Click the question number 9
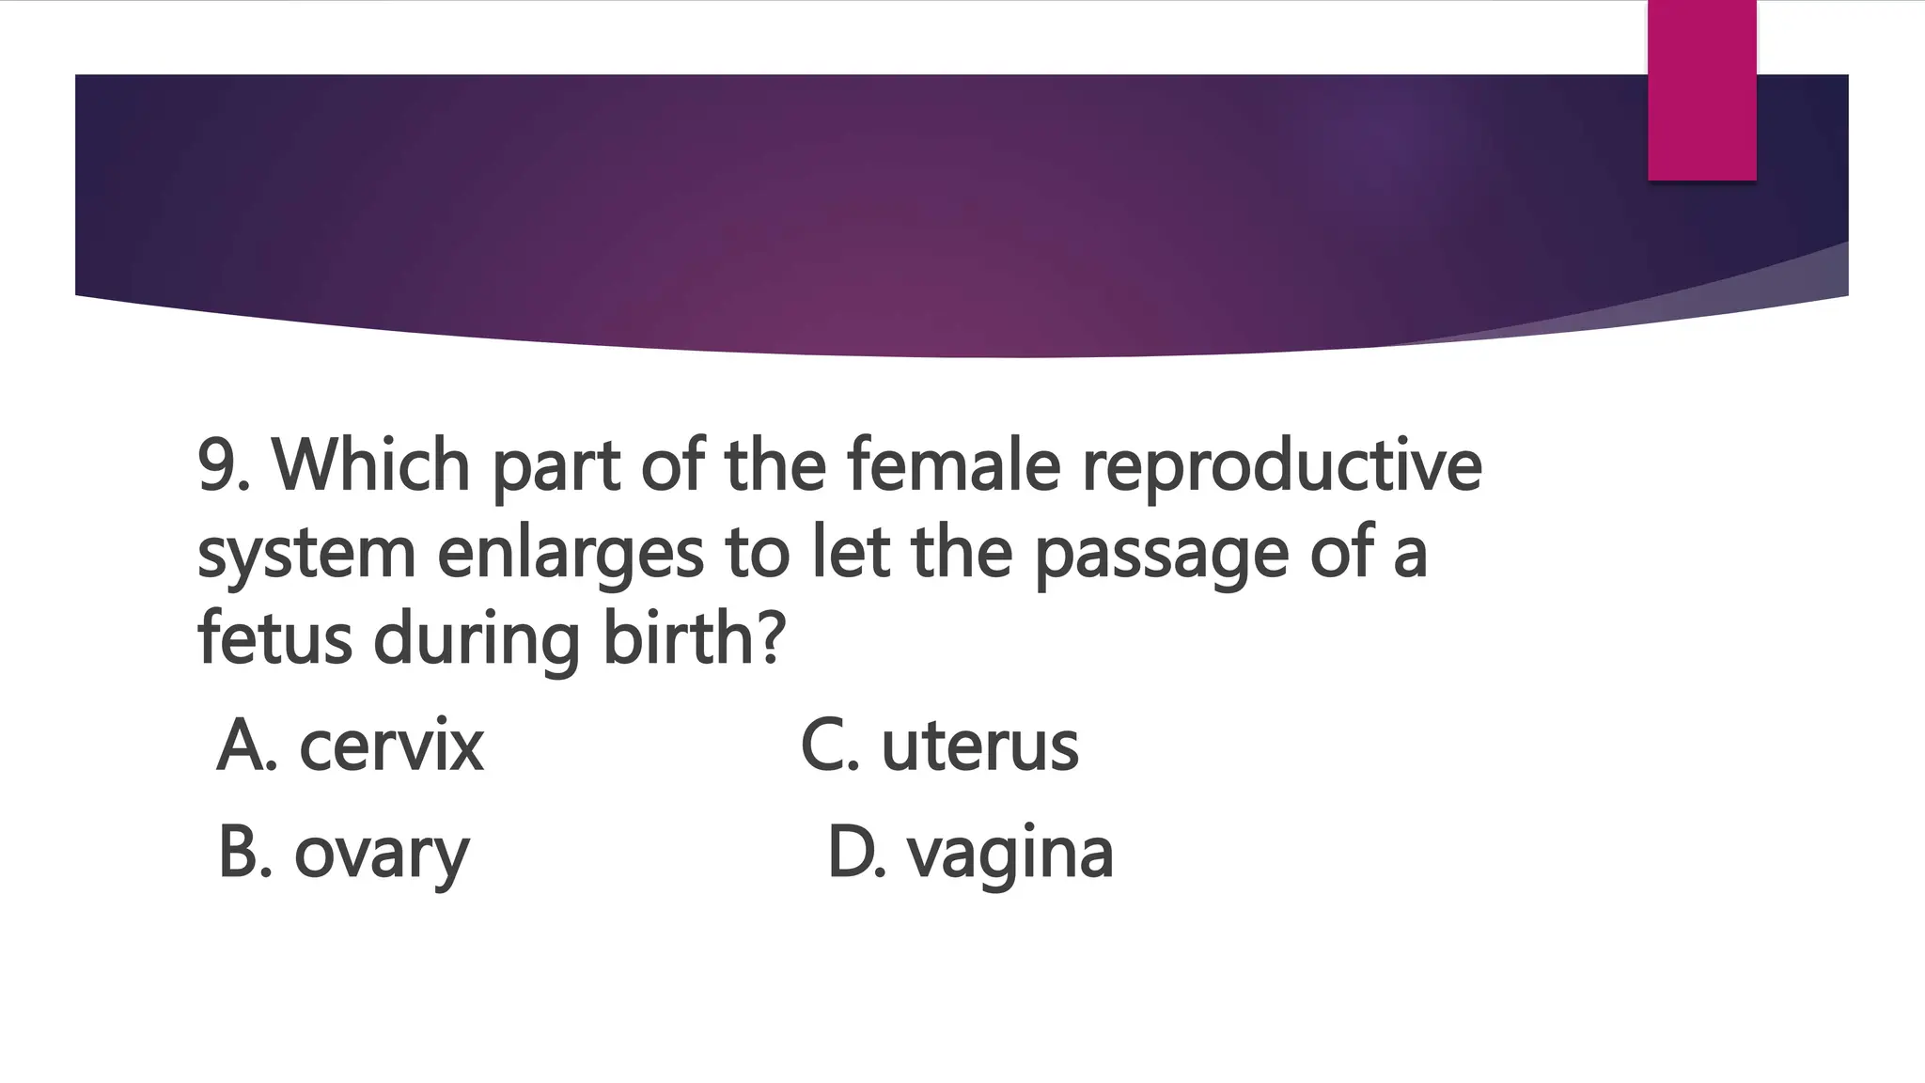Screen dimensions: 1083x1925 pos(218,465)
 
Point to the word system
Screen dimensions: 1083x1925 pos(306,555)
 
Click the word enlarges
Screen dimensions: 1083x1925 pos(570,555)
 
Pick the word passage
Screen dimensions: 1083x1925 pos(1162,555)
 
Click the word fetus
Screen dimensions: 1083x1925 pos(274,639)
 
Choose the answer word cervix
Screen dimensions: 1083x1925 pos(391,747)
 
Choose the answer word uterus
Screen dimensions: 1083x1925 pos(979,747)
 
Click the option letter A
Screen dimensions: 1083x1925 pos(243,747)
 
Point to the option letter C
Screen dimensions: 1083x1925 pos(825,747)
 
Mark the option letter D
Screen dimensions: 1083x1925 pos(853,854)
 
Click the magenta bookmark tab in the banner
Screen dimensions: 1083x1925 pos(1701,89)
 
